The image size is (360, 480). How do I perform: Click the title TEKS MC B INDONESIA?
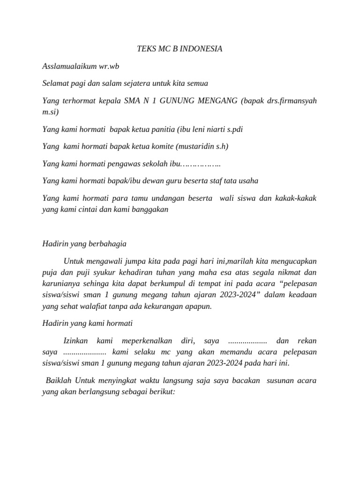point(180,48)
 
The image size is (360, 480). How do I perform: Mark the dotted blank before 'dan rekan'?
point(247,341)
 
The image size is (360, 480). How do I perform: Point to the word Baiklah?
point(59,381)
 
